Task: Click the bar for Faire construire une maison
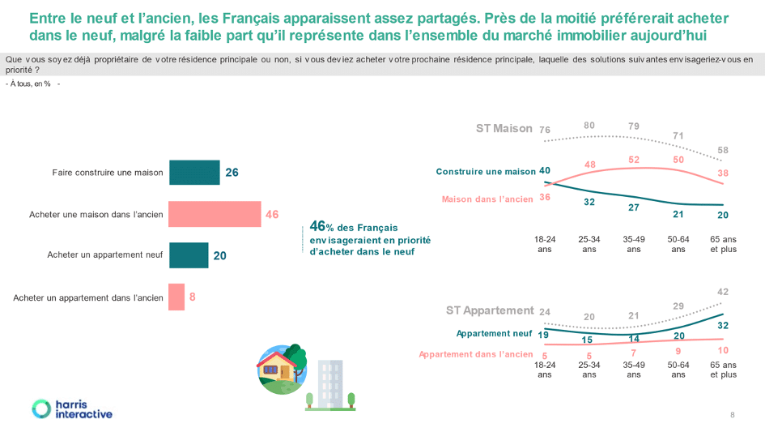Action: click(x=194, y=173)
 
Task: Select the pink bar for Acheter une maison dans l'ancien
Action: click(x=215, y=214)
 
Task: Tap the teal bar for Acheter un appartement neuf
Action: click(x=189, y=255)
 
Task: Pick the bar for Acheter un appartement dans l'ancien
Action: click(x=176, y=297)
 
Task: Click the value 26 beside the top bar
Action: click(x=232, y=173)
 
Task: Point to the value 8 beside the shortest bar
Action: click(x=192, y=297)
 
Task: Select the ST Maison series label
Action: click(x=504, y=129)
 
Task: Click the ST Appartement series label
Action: click(x=490, y=310)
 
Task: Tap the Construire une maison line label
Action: click(x=486, y=172)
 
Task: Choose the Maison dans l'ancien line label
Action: click(x=487, y=199)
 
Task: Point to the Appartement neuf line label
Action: click(x=494, y=333)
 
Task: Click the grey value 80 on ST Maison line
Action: click(x=589, y=126)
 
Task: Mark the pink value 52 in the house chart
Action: click(x=634, y=160)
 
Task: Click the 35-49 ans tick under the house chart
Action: click(x=634, y=244)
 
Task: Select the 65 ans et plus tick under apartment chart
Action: click(x=723, y=370)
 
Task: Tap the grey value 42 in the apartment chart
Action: click(x=723, y=292)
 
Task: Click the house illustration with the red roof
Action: click(x=282, y=370)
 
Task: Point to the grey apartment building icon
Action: click(x=330, y=385)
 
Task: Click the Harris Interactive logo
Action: click(x=72, y=409)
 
